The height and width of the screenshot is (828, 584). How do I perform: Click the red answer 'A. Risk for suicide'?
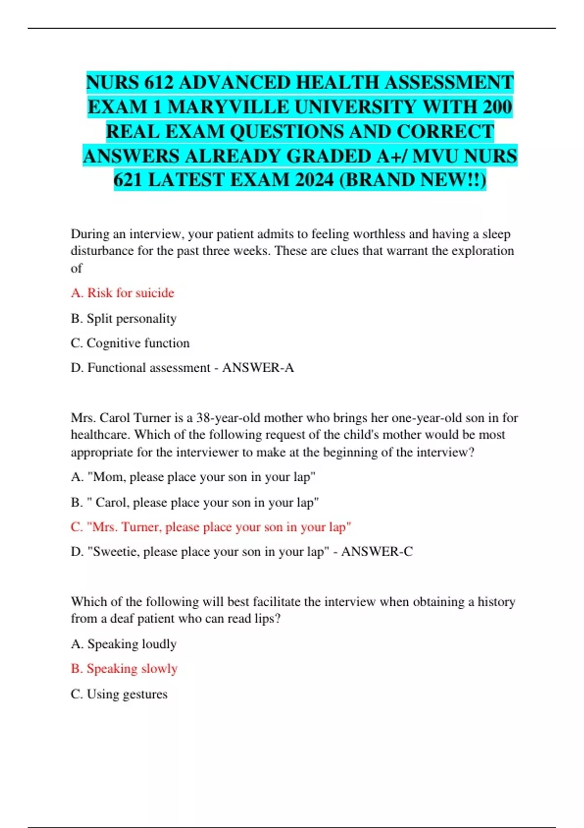[x=122, y=293]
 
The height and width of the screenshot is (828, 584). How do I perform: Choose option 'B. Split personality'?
[x=124, y=319]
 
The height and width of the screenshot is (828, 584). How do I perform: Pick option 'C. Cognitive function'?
[x=130, y=343]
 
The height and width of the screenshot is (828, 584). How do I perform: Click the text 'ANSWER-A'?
[x=258, y=368]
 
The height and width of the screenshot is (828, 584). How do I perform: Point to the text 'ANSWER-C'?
[x=377, y=552]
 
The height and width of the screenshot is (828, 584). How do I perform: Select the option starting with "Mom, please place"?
[x=193, y=477]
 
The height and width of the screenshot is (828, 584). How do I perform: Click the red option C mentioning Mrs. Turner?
[x=211, y=527]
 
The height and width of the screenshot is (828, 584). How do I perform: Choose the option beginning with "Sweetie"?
[x=200, y=552]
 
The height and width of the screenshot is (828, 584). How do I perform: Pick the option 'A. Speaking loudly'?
[x=124, y=644]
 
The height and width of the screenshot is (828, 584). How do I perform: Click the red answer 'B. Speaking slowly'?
[x=124, y=669]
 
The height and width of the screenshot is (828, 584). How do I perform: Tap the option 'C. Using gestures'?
[x=119, y=694]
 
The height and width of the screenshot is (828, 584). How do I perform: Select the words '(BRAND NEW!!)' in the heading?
[x=412, y=180]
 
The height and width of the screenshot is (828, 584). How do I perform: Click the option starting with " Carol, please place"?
[x=195, y=502]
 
